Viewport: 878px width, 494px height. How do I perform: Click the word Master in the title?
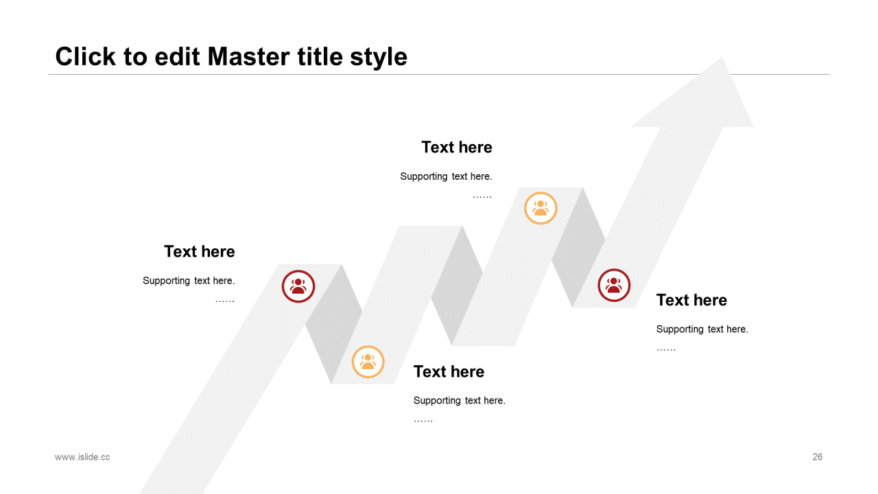249,57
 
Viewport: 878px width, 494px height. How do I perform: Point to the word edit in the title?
177,57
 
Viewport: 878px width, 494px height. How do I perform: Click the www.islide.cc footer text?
82,457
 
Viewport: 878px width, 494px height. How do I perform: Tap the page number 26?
817,457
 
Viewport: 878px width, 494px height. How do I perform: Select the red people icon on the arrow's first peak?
298,286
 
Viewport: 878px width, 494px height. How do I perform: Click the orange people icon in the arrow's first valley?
368,362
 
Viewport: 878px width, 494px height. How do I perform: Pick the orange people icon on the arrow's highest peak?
541,208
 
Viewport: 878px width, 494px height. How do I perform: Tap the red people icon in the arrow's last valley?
614,285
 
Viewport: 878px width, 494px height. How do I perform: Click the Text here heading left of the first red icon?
200,252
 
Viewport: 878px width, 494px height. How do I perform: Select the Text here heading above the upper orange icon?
457,148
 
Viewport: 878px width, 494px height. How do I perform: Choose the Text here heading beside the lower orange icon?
449,372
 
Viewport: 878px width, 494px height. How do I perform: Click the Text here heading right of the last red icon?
692,301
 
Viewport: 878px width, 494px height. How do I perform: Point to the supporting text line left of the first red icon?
189,281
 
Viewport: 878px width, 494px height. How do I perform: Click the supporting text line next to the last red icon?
702,329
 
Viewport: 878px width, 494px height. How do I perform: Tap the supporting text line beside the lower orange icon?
460,401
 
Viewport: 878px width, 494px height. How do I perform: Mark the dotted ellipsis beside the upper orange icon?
482,196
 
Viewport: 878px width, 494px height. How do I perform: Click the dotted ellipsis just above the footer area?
423,421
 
